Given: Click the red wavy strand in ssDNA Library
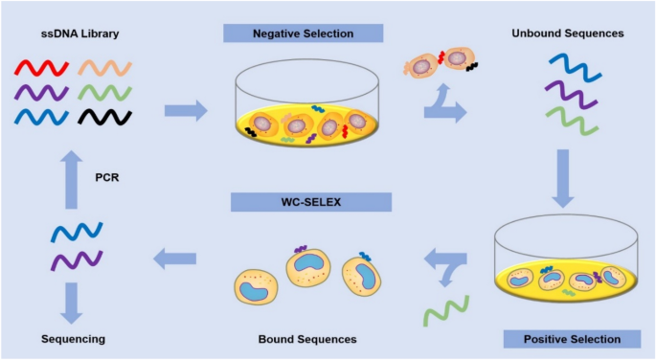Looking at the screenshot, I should tap(40, 68).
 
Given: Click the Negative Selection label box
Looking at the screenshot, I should tap(303, 34).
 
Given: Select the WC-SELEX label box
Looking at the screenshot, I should tap(311, 202).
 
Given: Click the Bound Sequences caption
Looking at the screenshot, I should tap(307, 339).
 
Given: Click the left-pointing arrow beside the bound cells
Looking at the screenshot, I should tap(175, 256).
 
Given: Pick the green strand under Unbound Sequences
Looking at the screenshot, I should tap(573, 120).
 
